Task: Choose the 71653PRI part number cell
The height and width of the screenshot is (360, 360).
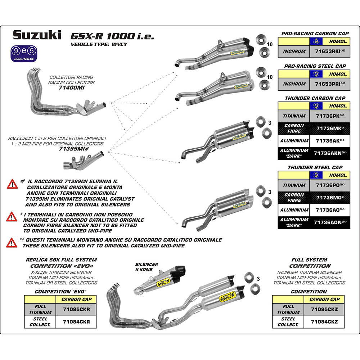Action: pos(330,84)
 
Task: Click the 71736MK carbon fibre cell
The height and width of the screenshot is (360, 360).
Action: pos(330,129)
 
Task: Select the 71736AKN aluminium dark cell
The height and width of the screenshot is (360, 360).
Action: pos(330,153)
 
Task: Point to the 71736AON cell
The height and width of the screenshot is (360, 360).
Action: pos(330,223)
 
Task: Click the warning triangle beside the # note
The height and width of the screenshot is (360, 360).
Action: pos(12,184)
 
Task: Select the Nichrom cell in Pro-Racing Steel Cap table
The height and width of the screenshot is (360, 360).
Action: pos(294,84)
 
